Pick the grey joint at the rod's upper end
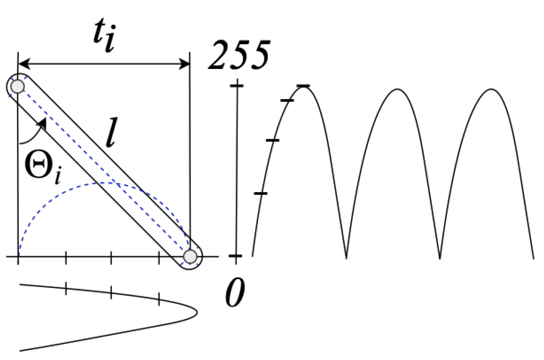17,86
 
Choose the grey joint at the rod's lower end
190,256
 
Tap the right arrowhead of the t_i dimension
184,64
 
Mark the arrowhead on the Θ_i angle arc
42,123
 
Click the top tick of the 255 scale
236,85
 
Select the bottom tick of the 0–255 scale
236,256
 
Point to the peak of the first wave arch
303,86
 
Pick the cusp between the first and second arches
346,258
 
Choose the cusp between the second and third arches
440,258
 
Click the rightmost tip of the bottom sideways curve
196,312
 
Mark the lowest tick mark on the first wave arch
261,193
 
